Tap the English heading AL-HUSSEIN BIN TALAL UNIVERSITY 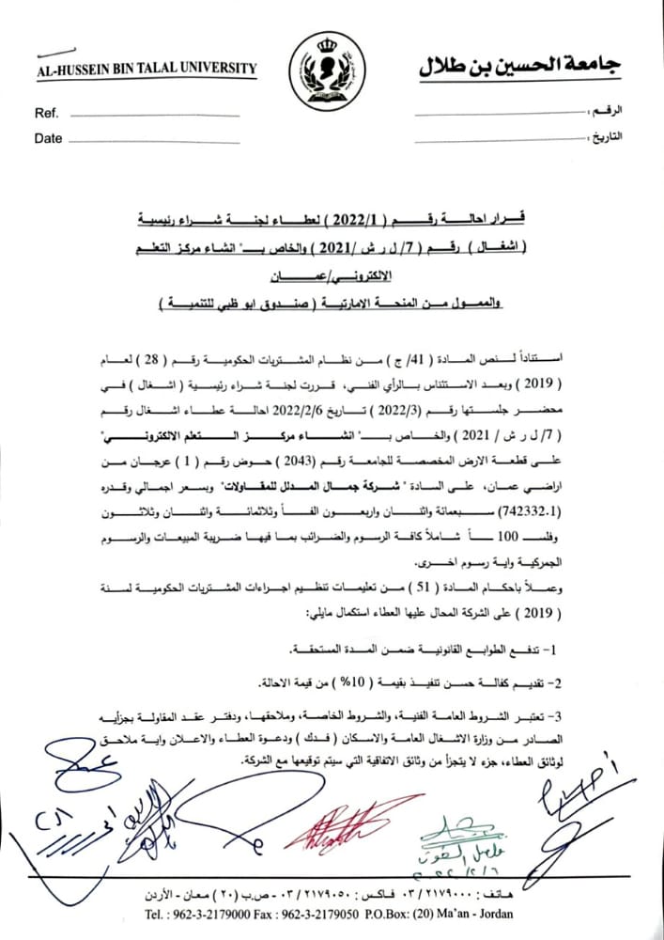pyautogui.click(x=145, y=69)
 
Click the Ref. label pyautogui.click(x=46, y=114)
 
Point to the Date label pyautogui.click(x=48, y=139)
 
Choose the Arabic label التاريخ pyautogui.click(x=608, y=136)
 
